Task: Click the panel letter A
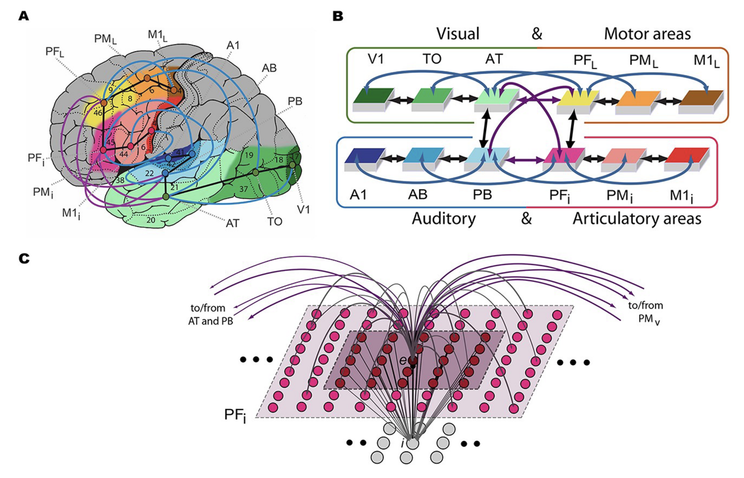pyautogui.click(x=24, y=16)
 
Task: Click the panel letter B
pyautogui.click(x=338, y=16)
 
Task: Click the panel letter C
pyautogui.click(x=24, y=258)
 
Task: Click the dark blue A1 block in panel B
pyautogui.click(x=364, y=157)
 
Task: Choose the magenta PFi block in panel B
pyautogui.click(x=563, y=157)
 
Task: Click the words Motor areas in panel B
pyautogui.click(x=647, y=34)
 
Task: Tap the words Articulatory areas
pyautogui.click(x=637, y=219)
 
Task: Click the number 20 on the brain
pyautogui.click(x=151, y=220)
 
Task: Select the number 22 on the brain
pyautogui.click(x=149, y=173)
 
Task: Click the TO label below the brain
pyautogui.click(x=275, y=222)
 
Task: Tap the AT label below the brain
pyautogui.click(x=232, y=223)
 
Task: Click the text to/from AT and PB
pyautogui.click(x=210, y=314)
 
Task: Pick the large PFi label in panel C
pyautogui.click(x=235, y=415)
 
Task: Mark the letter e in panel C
pyautogui.click(x=403, y=361)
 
